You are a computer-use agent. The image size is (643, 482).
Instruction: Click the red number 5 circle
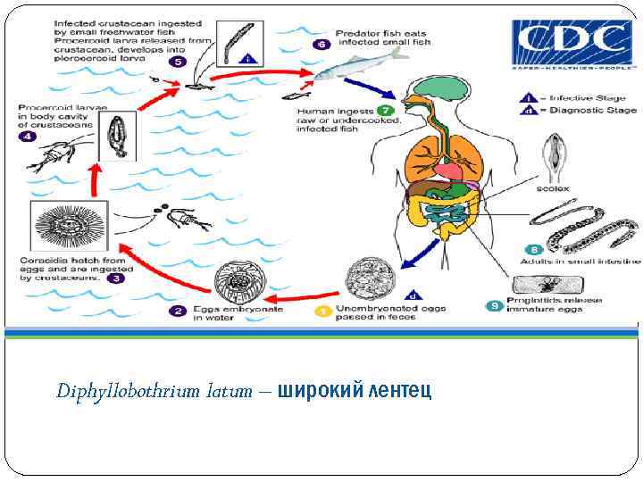point(178,62)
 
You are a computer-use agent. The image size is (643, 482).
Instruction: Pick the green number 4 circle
point(28,137)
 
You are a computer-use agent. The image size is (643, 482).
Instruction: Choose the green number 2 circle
point(179,311)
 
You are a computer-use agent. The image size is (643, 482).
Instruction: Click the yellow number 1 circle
point(321,311)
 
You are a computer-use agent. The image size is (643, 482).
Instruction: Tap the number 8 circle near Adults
point(534,250)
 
